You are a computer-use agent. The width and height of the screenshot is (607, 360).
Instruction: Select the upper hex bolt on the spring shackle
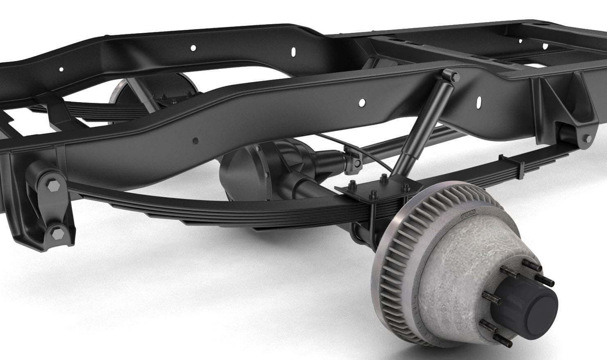click(53, 187)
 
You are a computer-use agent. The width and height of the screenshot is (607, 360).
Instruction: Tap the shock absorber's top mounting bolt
click(454, 76)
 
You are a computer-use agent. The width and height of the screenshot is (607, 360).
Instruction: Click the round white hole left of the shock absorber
click(362, 103)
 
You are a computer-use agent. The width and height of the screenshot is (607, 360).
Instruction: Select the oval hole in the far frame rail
click(293, 52)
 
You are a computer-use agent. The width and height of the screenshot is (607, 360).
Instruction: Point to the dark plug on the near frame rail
click(196, 141)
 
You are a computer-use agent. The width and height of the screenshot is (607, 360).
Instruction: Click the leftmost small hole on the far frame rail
click(61, 69)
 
